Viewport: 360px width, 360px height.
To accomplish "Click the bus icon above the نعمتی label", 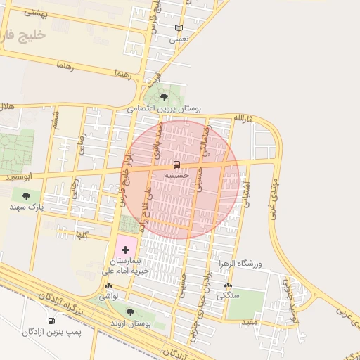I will pyautogui.click(x=179, y=28).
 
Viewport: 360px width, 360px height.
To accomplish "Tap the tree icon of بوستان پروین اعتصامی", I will pyautogui.click(x=164, y=98).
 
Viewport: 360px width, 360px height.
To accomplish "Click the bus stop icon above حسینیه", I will pyautogui.click(x=176, y=164).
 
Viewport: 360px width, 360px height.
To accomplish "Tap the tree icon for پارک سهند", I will pyautogui.click(x=26, y=196).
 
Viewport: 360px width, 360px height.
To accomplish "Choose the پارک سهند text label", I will pyautogui.click(x=27, y=207).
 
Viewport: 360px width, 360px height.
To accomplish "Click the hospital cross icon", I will pyautogui.click(x=125, y=250).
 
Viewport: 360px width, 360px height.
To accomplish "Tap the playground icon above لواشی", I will pyautogui.click(x=108, y=286).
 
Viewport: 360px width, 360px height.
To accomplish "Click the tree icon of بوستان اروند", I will pyautogui.click(x=129, y=311).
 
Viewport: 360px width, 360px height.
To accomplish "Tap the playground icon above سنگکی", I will pyautogui.click(x=227, y=285).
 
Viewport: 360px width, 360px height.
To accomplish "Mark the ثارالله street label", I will pyautogui.click(x=242, y=118).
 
